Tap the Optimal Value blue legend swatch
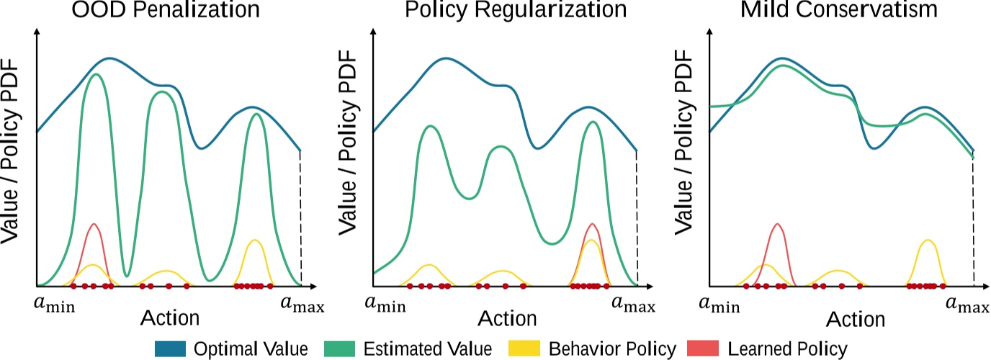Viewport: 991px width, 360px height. pos(171,349)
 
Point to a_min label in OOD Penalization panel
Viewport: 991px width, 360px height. pos(55,305)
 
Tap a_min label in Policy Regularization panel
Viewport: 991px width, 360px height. pos(388,305)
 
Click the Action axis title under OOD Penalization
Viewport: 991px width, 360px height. pos(171,318)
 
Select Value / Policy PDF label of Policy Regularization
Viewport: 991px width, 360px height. pos(347,155)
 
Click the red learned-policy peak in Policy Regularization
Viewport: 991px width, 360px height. pos(592,225)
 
